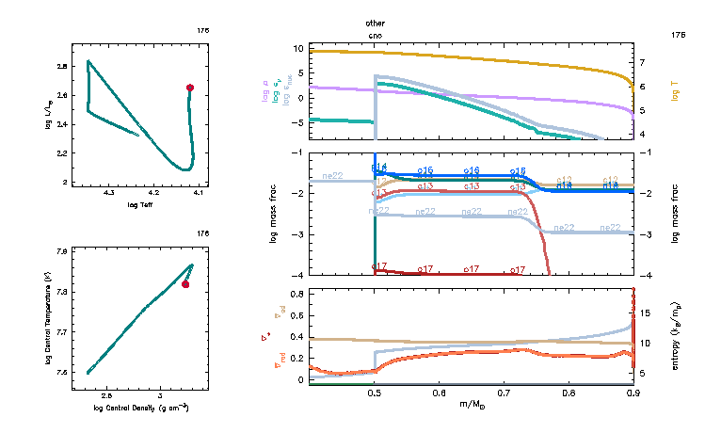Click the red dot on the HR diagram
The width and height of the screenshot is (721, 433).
[190, 88]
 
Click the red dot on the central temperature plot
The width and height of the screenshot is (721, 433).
[185, 284]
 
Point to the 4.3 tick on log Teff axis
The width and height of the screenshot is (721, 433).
[109, 193]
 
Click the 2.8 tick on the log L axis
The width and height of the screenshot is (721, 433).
[61, 67]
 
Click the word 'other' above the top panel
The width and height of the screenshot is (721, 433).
[376, 22]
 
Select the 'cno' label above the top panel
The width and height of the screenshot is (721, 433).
[376, 34]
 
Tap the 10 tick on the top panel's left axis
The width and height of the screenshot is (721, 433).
[297, 48]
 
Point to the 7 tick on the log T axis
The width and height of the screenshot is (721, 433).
[641, 62]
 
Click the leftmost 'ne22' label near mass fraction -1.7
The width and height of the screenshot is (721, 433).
[333, 175]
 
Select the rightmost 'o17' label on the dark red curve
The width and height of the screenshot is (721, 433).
[517, 269]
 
